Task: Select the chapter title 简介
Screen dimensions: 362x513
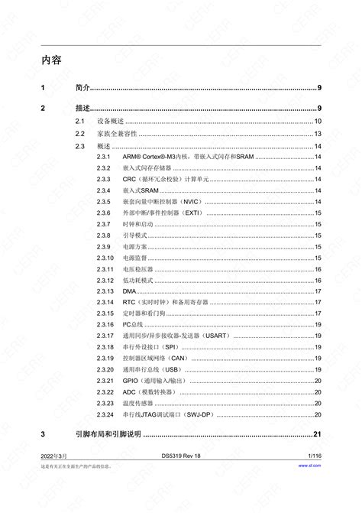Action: point(83,89)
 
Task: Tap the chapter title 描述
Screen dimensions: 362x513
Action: point(83,108)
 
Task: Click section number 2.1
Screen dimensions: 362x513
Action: point(79,122)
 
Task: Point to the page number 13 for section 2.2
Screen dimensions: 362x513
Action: point(318,134)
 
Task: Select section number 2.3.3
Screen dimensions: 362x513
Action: point(104,177)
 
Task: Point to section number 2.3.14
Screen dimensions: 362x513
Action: point(105,304)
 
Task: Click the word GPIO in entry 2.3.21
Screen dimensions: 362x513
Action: point(131,381)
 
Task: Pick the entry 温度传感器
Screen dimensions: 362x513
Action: point(138,403)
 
